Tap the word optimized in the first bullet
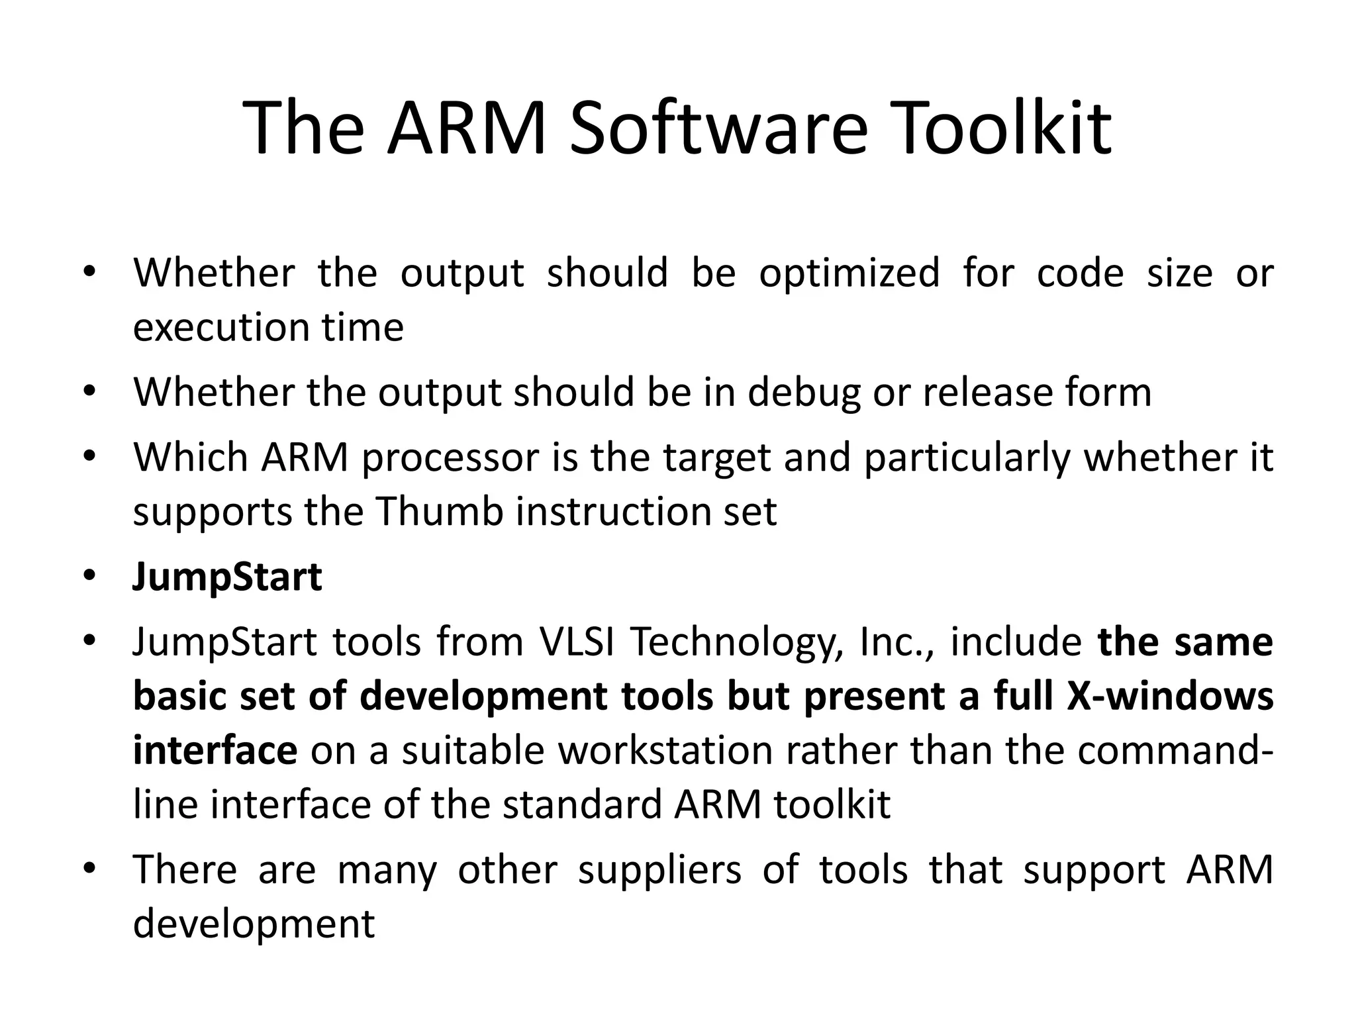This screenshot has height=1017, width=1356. point(849,273)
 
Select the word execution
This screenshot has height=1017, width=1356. point(217,327)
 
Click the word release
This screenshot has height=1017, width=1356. point(987,392)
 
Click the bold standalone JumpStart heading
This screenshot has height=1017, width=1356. point(227,577)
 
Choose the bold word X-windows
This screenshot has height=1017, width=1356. point(1170,696)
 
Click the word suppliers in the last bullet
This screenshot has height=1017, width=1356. point(659,869)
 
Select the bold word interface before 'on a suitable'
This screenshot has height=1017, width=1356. point(215,750)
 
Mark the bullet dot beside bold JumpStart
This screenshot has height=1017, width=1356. point(90,577)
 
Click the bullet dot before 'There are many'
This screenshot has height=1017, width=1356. point(90,868)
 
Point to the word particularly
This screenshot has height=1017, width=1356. point(967,458)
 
